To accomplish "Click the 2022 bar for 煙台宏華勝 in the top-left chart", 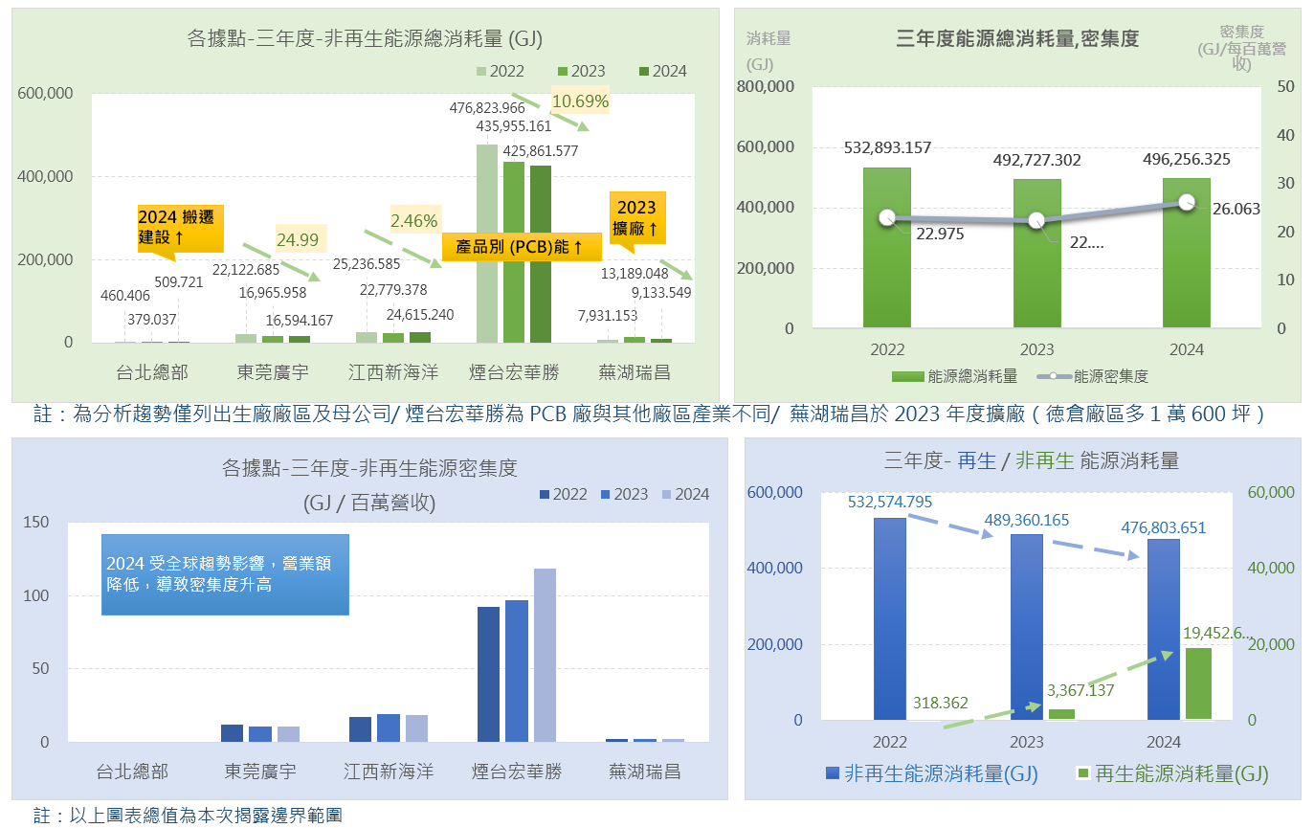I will (x=486, y=243).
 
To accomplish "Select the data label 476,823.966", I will (x=501, y=108).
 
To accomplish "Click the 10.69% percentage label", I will (x=580, y=101).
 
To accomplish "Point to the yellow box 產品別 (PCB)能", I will (x=521, y=247).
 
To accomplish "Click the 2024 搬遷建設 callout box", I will (x=180, y=227).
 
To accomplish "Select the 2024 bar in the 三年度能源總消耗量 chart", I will (x=1186, y=254).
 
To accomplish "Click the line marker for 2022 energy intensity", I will (x=886, y=217).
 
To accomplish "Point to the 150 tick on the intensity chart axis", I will (x=35, y=523).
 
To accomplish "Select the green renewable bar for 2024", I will (x=1197, y=683).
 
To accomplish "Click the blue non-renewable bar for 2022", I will (x=889, y=618).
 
